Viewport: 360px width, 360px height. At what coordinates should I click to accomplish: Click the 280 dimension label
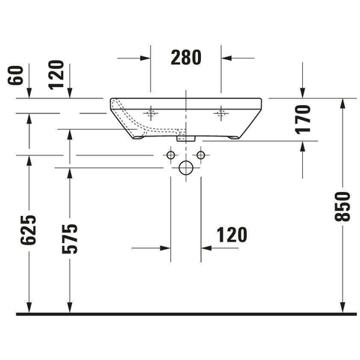(186, 58)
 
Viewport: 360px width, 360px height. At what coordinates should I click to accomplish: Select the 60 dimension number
(16, 76)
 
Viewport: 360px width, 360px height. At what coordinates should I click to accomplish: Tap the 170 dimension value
(303, 119)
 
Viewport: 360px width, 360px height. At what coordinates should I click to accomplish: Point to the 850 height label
(343, 207)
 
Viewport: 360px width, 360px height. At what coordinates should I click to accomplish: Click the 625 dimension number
(28, 229)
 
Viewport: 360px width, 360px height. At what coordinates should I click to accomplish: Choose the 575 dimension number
(70, 239)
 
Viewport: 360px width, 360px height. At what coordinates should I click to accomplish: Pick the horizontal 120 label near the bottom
(232, 235)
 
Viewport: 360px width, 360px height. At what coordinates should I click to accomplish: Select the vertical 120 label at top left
(56, 75)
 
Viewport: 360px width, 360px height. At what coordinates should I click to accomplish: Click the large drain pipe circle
(186, 168)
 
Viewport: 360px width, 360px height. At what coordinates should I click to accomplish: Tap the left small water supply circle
(171, 155)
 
